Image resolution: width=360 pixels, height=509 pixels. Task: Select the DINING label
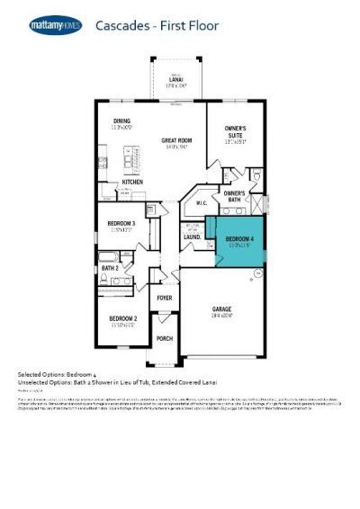[121, 121]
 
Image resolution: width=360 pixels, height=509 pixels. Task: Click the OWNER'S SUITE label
[235, 133]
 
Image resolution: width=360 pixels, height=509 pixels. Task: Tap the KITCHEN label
[133, 183]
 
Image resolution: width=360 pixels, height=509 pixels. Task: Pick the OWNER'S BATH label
[235, 196]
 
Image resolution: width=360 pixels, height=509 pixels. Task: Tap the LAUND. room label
[192, 237]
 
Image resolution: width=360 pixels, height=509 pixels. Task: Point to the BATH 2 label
[110, 268]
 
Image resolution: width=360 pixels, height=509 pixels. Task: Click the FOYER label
[164, 297]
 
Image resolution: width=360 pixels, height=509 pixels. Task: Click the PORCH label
[164, 339]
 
